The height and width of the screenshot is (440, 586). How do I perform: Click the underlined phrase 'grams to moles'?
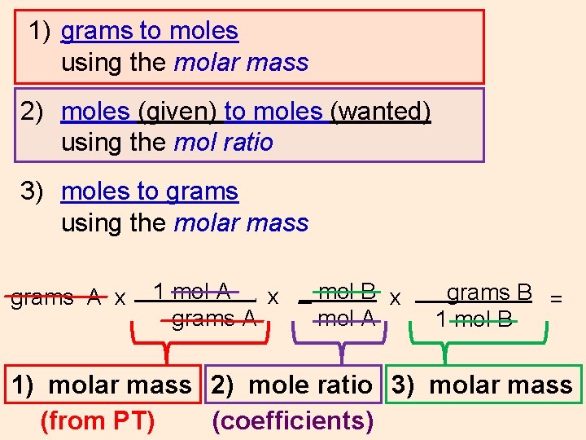pyautogui.click(x=150, y=31)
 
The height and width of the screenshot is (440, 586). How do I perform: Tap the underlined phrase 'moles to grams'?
pyautogui.click(x=150, y=191)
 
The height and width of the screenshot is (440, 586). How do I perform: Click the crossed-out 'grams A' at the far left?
pyautogui.click(x=55, y=297)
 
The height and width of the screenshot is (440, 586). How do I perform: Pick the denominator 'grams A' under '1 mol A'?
pyautogui.click(x=213, y=318)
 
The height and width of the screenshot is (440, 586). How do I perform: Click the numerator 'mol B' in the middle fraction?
pyautogui.click(x=348, y=291)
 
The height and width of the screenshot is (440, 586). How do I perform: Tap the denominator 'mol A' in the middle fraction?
pyautogui.click(x=347, y=317)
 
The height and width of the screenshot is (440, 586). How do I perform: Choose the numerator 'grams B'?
pyautogui.click(x=489, y=292)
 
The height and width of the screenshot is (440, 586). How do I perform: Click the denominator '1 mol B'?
pyautogui.click(x=474, y=319)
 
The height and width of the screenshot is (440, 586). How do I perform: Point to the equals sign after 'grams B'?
pyautogui.click(x=557, y=299)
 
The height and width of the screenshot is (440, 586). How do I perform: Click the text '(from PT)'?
pyautogui.click(x=97, y=421)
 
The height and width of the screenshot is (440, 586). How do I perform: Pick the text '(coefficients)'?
pyautogui.click(x=293, y=421)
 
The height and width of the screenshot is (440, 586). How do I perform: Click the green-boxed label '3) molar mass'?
pyautogui.click(x=483, y=385)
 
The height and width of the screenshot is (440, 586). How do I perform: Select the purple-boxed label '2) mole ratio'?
pyautogui.click(x=292, y=385)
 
